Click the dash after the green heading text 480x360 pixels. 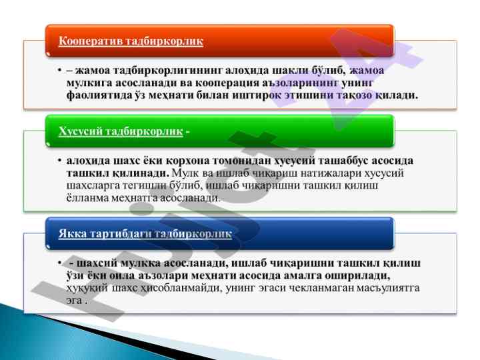(187, 132)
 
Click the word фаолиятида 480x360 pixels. (99, 95)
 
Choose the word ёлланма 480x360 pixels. (87, 198)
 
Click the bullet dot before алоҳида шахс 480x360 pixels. (60, 161)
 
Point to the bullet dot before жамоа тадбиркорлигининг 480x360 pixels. (60, 71)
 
